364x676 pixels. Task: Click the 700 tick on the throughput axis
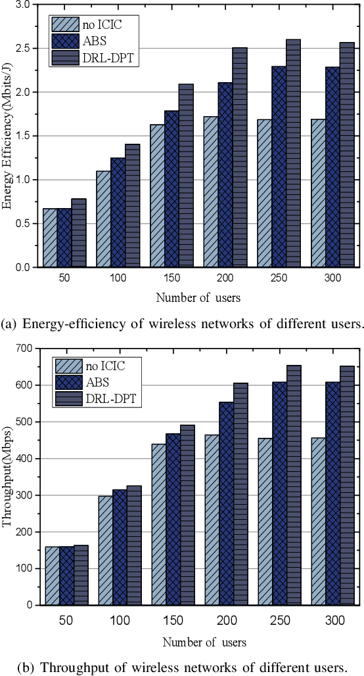[25, 348]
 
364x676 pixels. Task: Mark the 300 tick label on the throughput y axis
[25, 496]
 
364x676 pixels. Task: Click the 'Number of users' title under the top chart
[198, 298]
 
